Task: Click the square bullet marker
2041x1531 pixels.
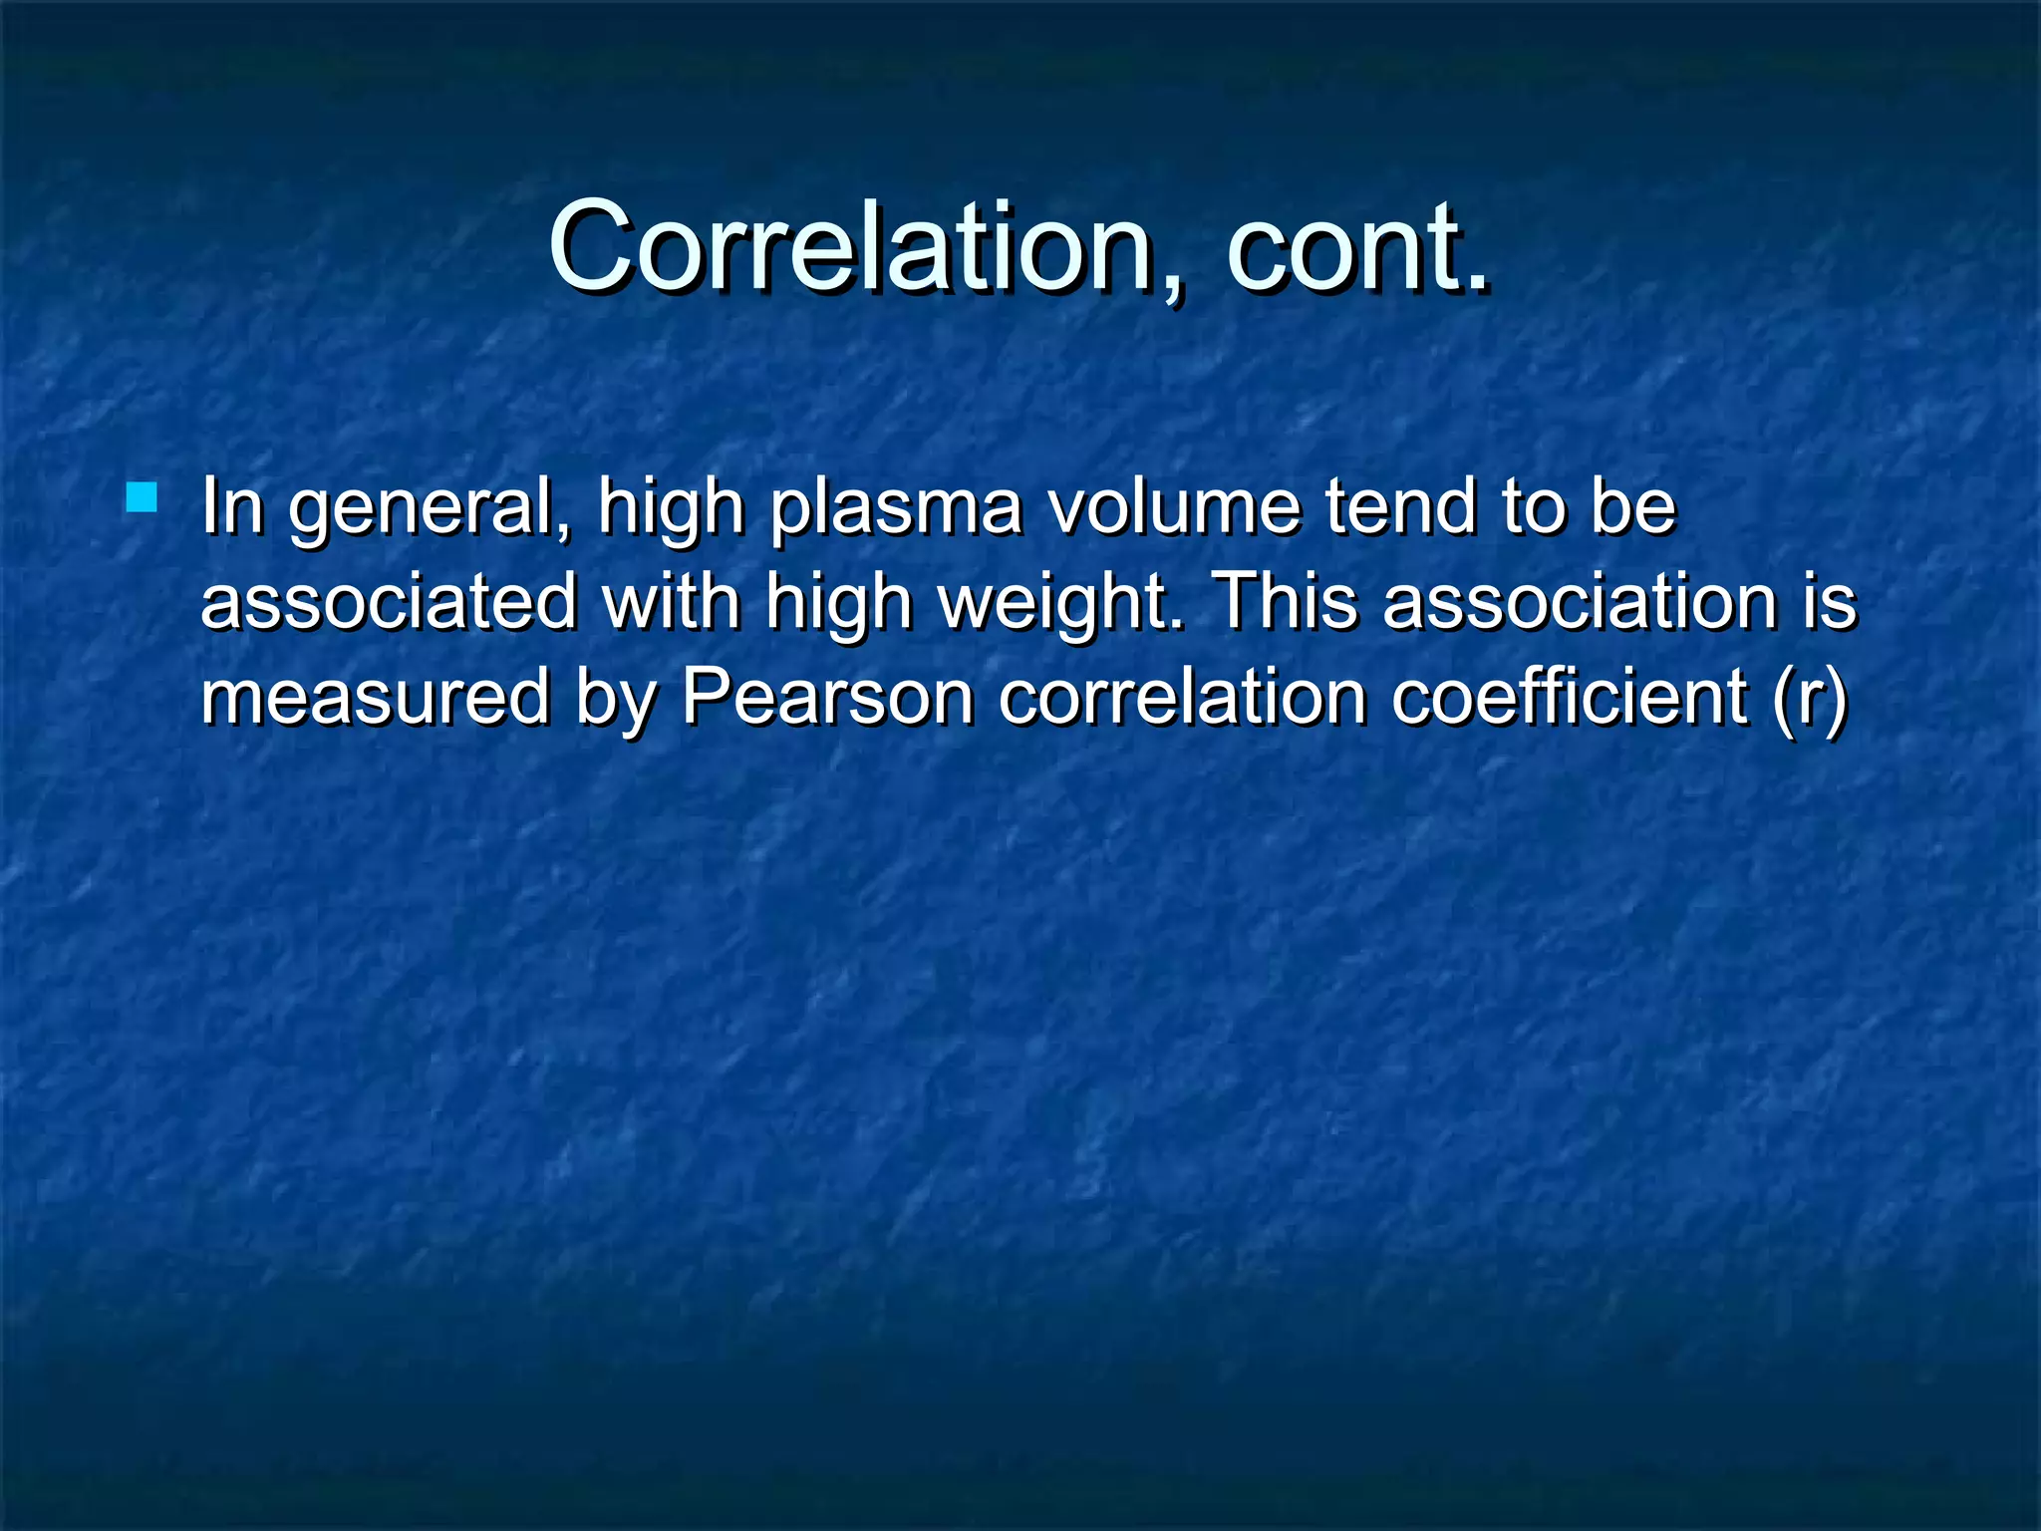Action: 142,497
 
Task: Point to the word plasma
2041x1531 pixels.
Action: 896,508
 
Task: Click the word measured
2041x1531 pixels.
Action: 375,697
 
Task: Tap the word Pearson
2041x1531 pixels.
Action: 827,697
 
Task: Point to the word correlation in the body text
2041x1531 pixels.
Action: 1182,697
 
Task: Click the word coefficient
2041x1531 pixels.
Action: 1569,697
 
